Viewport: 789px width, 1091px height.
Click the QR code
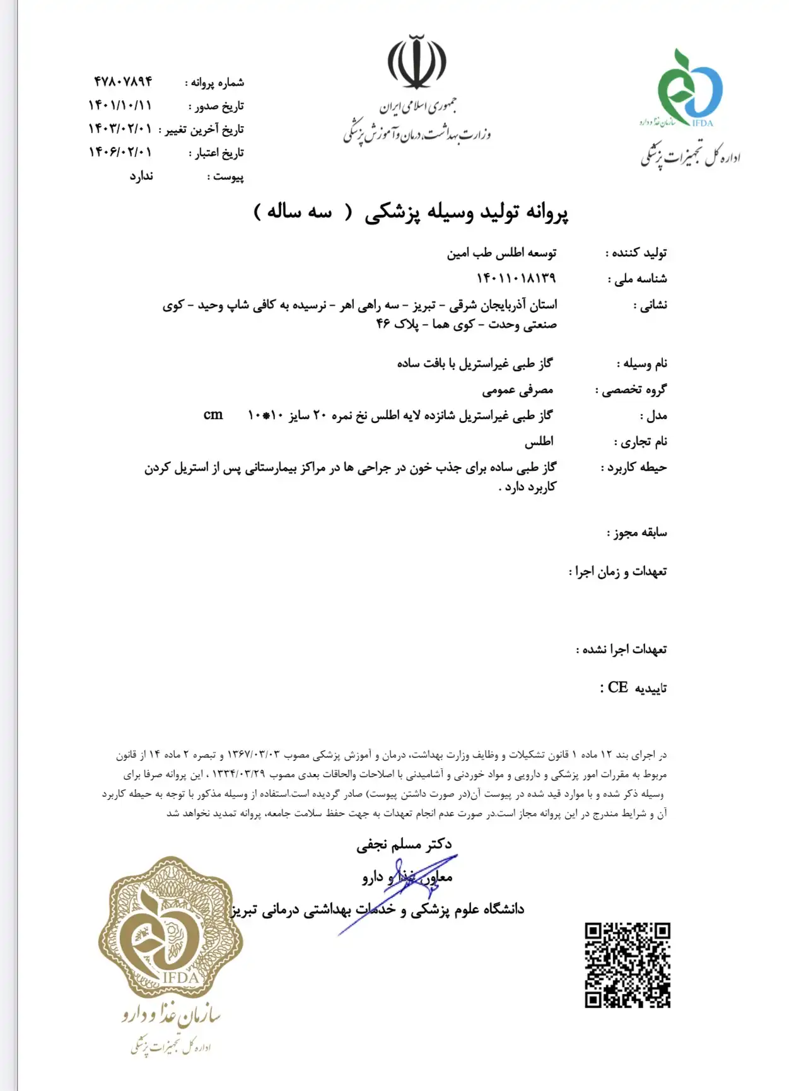pyautogui.click(x=627, y=965)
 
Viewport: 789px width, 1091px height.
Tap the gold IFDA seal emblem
pyautogui.click(x=170, y=926)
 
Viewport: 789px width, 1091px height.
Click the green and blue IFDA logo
pyautogui.click(x=689, y=88)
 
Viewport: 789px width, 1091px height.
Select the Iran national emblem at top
pyautogui.click(x=416, y=63)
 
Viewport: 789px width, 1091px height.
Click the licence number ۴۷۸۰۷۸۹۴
pyautogui.click(x=123, y=81)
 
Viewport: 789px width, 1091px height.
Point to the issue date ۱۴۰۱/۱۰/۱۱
pyautogui.click(x=120, y=105)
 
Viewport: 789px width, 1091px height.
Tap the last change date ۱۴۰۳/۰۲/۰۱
pyautogui.click(x=120, y=129)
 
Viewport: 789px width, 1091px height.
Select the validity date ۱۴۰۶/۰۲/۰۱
pyautogui.click(x=120, y=152)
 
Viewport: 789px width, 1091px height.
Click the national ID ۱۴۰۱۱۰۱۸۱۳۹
pyautogui.click(x=516, y=278)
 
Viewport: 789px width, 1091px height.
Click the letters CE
pyautogui.click(x=618, y=687)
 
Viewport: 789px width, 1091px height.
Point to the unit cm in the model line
pyautogui.click(x=213, y=415)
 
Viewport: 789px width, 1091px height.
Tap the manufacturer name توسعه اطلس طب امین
pyautogui.click(x=501, y=253)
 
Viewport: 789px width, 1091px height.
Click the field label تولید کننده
pyautogui.click(x=637, y=253)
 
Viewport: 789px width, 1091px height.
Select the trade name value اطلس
pyautogui.click(x=539, y=441)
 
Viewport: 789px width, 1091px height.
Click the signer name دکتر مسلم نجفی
pyautogui.click(x=404, y=844)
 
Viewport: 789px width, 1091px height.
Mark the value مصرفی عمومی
pyautogui.click(x=518, y=390)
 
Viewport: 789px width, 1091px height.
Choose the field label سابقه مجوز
pyautogui.click(x=637, y=533)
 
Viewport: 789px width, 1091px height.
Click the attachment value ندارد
pyautogui.click(x=141, y=175)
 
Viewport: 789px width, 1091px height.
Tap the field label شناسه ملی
pyautogui.click(x=637, y=279)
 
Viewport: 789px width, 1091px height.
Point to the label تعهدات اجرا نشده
pyautogui.click(x=622, y=649)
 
